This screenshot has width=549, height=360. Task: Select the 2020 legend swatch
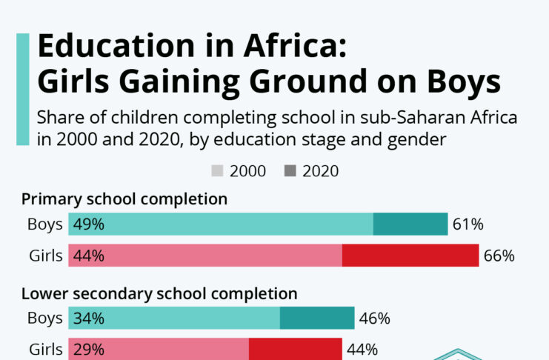point(290,171)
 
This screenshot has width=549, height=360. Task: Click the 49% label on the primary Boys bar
point(88,224)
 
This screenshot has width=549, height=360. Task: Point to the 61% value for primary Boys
point(468,224)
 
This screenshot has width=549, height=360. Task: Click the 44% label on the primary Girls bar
point(88,256)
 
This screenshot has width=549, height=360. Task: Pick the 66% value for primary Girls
point(499,256)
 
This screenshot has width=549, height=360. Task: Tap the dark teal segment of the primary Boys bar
point(410,224)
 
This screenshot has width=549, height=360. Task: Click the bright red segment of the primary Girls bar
point(410,256)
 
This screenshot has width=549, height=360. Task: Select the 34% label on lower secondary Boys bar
point(88,319)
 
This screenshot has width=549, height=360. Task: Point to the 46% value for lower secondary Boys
point(375,319)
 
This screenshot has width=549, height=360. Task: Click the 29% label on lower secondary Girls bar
point(88,349)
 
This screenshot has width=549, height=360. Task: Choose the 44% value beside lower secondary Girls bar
point(362,349)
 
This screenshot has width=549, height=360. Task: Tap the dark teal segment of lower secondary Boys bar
point(317,319)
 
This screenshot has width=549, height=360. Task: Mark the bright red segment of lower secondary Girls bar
point(295,349)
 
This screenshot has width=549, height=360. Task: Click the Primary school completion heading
point(124,199)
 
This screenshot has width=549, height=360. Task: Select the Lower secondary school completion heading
point(159,293)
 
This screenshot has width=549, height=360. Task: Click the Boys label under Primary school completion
point(44,224)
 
